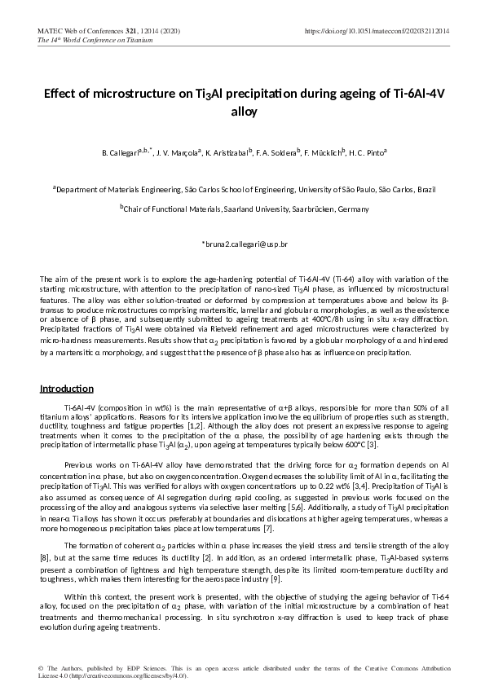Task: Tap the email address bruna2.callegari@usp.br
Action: (244, 244)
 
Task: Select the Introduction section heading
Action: (67, 389)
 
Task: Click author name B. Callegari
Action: (120, 152)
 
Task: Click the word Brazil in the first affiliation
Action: (425, 188)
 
